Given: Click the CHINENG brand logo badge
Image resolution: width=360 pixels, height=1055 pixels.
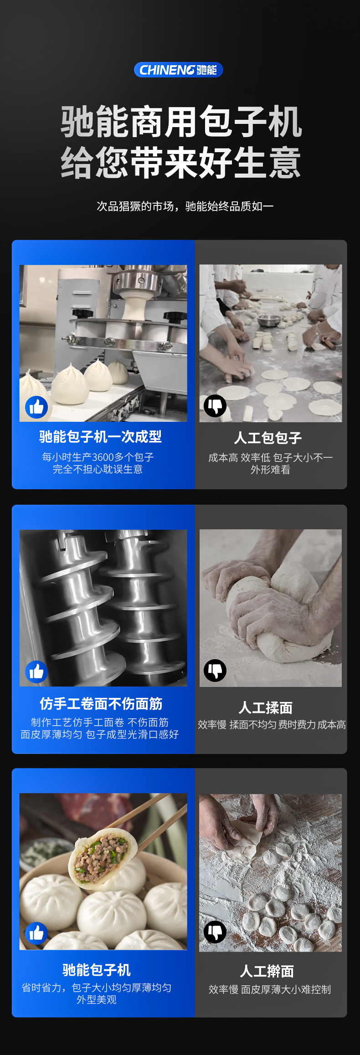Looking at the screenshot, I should pyautogui.click(x=178, y=70).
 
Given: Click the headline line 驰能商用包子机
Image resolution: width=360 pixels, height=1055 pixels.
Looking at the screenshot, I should pyautogui.click(x=181, y=122).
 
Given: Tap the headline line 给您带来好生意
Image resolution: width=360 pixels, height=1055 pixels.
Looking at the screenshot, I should pyautogui.click(x=181, y=163).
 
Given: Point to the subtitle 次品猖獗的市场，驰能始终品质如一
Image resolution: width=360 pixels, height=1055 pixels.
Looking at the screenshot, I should pyautogui.click(x=185, y=206).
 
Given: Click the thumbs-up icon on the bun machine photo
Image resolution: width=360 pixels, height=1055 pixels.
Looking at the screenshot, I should pyautogui.click(x=36, y=407).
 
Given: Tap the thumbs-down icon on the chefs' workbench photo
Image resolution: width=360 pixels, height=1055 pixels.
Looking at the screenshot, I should pyautogui.click(x=215, y=405).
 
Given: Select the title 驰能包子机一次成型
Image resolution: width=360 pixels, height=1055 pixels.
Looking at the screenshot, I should pyautogui.click(x=100, y=437).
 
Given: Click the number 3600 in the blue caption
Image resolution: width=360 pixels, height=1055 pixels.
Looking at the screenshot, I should pyautogui.click(x=103, y=457).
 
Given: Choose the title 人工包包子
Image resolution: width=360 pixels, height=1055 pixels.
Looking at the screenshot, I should pyautogui.click(x=268, y=438).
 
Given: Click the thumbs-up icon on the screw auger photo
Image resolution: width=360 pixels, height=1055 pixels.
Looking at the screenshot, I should pyautogui.click(x=36, y=671).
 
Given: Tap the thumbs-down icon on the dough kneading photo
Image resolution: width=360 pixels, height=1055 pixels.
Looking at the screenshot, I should pyautogui.click(x=215, y=670).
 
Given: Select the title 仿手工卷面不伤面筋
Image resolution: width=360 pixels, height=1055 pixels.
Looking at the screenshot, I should pyautogui.click(x=101, y=704).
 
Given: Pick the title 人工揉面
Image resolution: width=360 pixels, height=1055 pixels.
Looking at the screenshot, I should pyautogui.click(x=266, y=708).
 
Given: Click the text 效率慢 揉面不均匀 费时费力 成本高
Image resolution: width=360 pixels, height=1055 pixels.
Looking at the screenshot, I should pyautogui.click(x=272, y=725).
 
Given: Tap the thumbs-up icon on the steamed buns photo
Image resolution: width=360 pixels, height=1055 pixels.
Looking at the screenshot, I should pyautogui.click(x=36, y=933).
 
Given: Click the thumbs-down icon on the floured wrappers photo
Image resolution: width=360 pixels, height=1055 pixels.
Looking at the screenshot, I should pyautogui.click(x=215, y=932).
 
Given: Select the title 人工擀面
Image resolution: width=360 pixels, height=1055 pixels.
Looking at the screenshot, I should pyautogui.click(x=267, y=971).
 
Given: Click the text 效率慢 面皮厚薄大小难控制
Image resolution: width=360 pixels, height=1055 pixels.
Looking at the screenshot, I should pyautogui.click(x=270, y=989).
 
